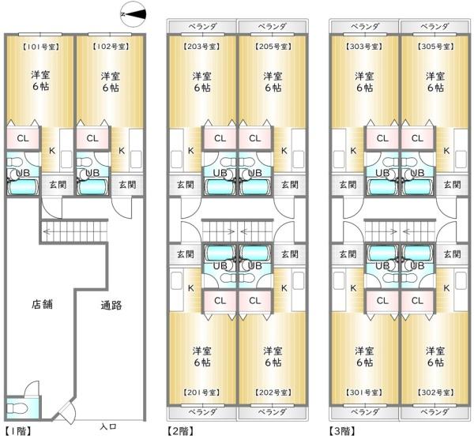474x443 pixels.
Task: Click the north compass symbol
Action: [x=133, y=14]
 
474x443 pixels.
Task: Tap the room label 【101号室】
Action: [x=40, y=47]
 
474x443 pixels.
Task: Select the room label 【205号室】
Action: [x=273, y=47]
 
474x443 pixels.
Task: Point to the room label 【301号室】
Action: [x=364, y=392]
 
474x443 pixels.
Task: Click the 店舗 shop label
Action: [x=42, y=304]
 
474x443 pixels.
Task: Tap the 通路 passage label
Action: [x=111, y=306]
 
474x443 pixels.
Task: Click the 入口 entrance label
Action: [x=108, y=426]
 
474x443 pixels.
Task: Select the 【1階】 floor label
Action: [x=18, y=431]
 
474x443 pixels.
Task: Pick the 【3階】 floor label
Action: [x=343, y=431]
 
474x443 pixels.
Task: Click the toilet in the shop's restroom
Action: [x=13, y=408]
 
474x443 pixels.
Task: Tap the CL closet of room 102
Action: [x=92, y=138]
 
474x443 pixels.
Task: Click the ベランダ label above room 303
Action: [x=365, y=27]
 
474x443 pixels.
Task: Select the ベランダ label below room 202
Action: [x=273, y=412]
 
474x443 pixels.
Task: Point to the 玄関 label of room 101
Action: [x=58, y=185]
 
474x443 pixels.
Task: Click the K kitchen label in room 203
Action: [x=190, y=151]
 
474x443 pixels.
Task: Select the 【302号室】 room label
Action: [x=435, y=392]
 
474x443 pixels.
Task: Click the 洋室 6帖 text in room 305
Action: [x=435, y=81]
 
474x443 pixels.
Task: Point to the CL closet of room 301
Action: [x=382, y=301]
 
